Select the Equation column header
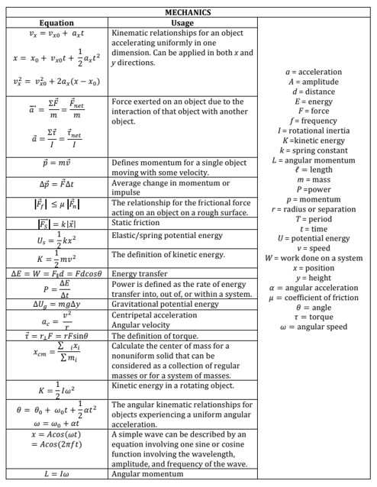coord(56,23)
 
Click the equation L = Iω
coord(56,474)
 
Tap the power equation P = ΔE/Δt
coord(56,289)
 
